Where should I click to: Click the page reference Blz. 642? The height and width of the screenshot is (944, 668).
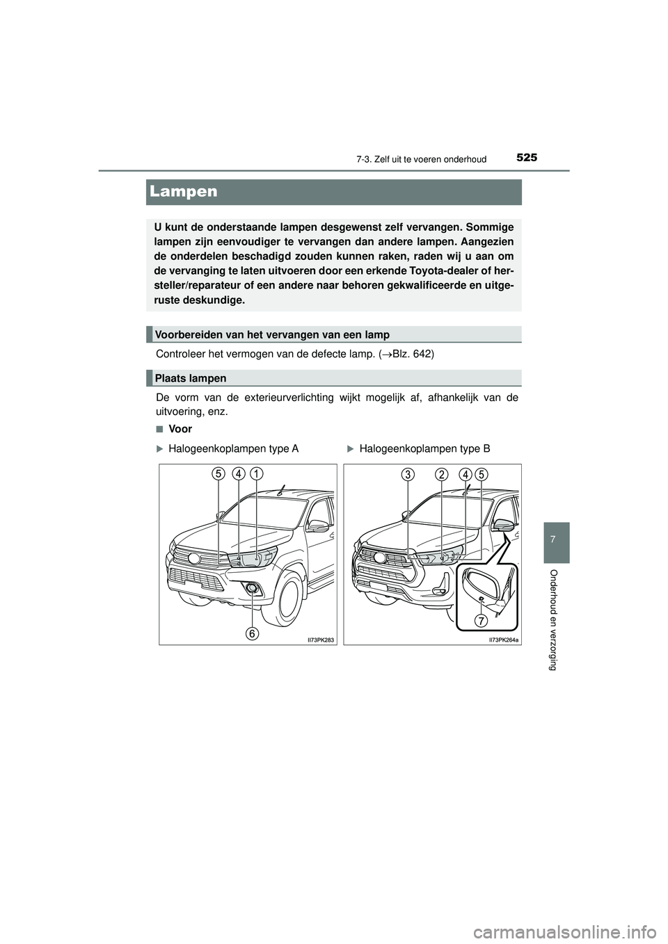pyautogui.click(x=411, y=354)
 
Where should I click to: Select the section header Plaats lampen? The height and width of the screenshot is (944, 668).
pyautogui.click(x=191, y=378)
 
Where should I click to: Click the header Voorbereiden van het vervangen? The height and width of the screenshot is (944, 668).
pyautogui.click(x=272, y=334)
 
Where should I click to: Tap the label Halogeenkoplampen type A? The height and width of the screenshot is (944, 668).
pyautogui.click(x=233, y=449)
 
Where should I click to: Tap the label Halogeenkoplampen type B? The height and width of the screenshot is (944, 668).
pyautogui.click(x=424, y=449)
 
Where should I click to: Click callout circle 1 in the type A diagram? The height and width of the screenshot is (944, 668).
pyautogui.click(x=257, y=474)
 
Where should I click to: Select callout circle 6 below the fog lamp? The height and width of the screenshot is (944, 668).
pyautogui.click(x=252, y=633)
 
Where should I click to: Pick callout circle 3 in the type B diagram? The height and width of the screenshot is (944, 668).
pyautogui.click(x=408, y=475)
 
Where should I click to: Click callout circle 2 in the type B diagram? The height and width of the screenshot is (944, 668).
pyautogui.click(x=441, y=475)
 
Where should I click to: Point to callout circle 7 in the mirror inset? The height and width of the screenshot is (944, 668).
pyautogui.click(x=481, y=620)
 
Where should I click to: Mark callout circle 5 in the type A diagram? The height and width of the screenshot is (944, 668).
pyautogui.click(x=218, y=474)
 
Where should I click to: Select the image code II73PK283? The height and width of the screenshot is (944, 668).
pyautogui.click(x=319, y=640)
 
